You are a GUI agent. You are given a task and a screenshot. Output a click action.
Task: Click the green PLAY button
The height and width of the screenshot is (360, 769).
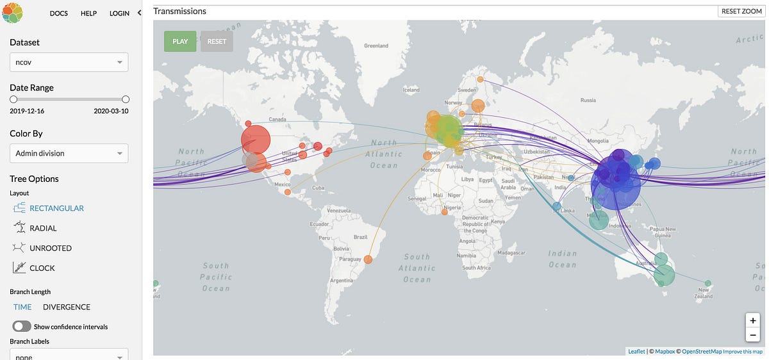pyautogui.click(x=180, y=42)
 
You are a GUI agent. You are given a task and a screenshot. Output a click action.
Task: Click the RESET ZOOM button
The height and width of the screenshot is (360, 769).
pyautogui.click(x=741, y=11)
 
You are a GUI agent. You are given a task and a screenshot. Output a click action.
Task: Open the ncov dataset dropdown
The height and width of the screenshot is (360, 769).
pyautogui.click(x=69, y=62)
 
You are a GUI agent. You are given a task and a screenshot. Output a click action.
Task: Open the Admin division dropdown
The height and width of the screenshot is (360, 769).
pyautogui.click(x=69, y=153)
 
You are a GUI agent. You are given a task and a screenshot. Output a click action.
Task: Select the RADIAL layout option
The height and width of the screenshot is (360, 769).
pyautogui.click(x=43, y=228)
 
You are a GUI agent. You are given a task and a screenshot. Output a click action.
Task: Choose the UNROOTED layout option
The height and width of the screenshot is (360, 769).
pyautogui.click(x=50, y=248)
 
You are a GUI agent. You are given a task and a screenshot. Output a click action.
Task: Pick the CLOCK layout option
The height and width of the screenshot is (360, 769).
pyautogui.click(x=42, y=268)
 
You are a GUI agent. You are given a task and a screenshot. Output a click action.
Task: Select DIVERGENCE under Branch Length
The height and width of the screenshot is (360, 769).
pyautogui.click(x=67, y=307)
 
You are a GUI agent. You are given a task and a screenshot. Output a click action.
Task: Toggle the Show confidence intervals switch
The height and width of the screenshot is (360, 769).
pyautogui.click(x=22, y=327)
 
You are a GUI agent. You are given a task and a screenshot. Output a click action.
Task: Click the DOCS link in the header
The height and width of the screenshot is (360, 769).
pyautogui.click(x=58, y=13)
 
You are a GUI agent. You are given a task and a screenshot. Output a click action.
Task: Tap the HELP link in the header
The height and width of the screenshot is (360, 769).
pyautogui.click(x=88, y=13)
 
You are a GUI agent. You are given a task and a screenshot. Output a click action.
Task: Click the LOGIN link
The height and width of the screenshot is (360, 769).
pyautogui.click(x=119, y=13)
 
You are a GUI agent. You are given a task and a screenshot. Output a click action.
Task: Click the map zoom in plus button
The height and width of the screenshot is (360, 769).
pyautogui.click(x=752, y=320)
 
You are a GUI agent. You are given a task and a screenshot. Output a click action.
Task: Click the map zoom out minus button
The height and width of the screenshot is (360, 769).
pyautogui.click(x=752, y=334)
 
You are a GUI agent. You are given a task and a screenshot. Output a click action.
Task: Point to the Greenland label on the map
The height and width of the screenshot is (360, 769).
pyautogui.click(x=376, y=46)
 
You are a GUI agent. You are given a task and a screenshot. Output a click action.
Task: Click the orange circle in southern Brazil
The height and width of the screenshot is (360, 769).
pyautogui.click(x=368, y=259)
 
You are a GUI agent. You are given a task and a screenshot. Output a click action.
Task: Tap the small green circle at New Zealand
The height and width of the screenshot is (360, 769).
pyautogui.click(x=707, y=283)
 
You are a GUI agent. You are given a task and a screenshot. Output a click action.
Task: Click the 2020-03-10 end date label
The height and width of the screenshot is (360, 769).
pyautogui.click(x=112, y=111)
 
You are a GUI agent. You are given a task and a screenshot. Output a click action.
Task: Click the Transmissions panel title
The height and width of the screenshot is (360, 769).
pyautogui.click(x=180, y=11)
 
